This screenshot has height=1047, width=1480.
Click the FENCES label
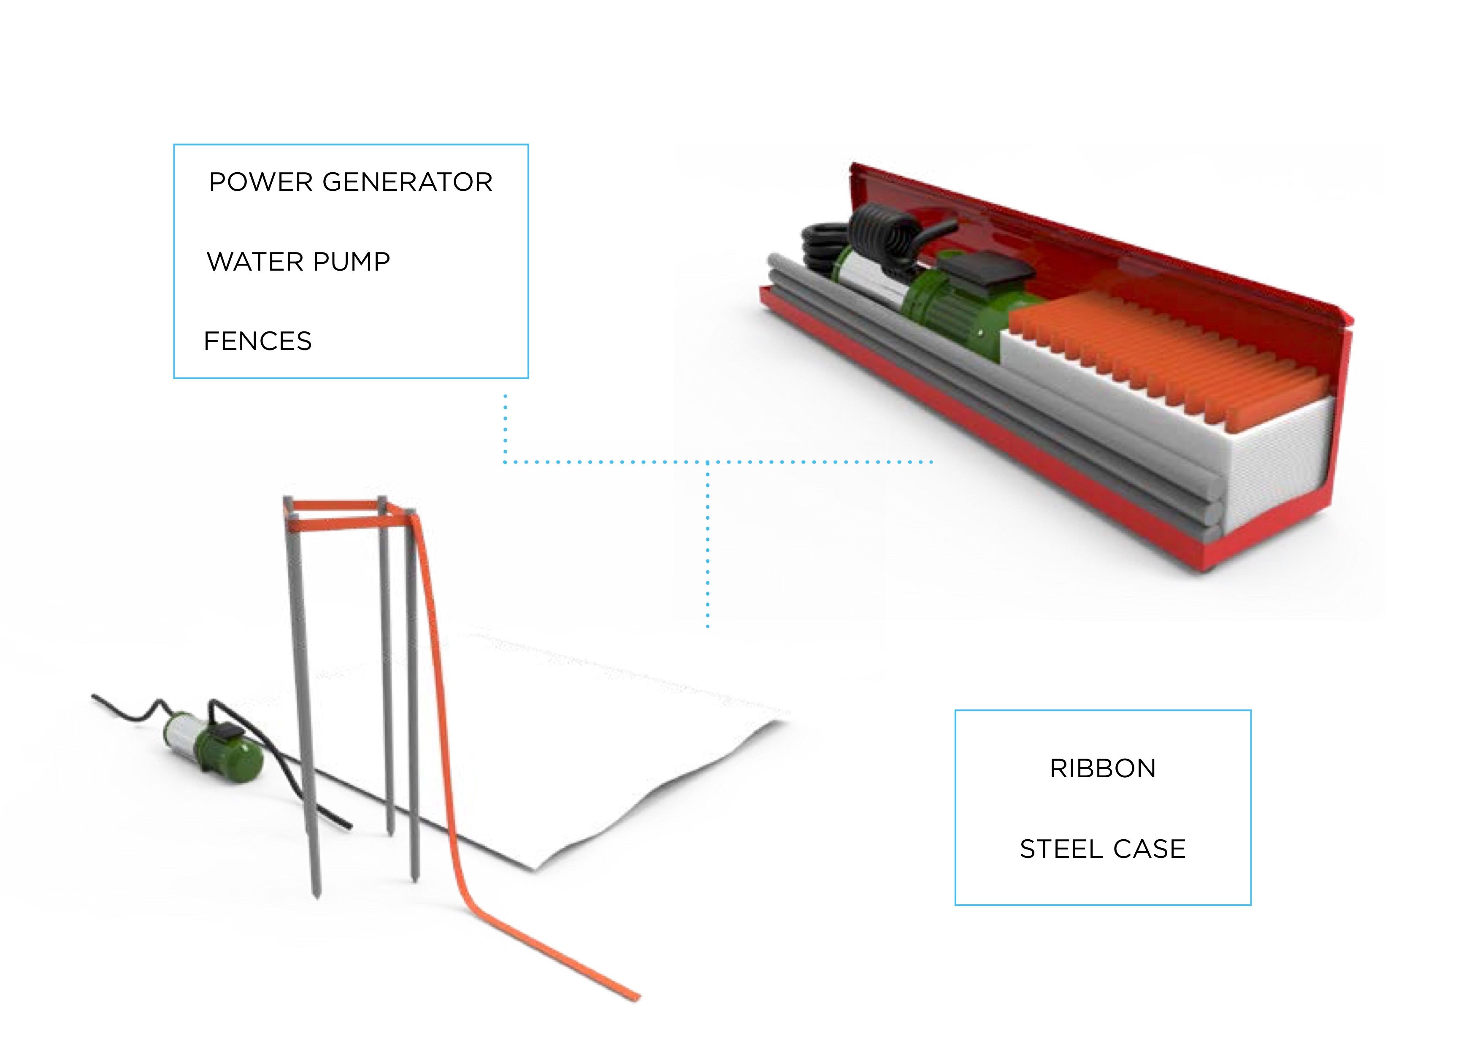[257, 341]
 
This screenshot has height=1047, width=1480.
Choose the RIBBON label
[1102, 768]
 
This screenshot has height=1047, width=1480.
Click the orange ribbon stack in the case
[1167, 355]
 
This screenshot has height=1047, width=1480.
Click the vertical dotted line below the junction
[708, 548]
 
